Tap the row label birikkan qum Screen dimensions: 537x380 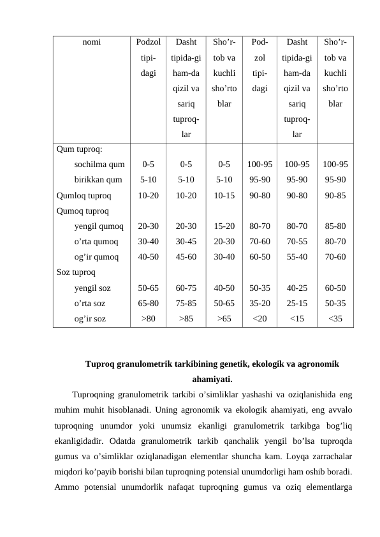[x=98, y=180]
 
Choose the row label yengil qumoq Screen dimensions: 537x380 [x=99, y=226]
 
